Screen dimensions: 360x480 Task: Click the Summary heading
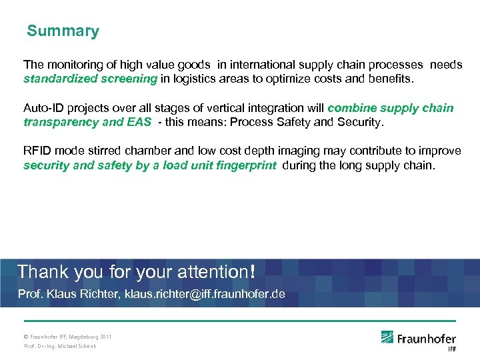pyautogui.click(x=63, y=31)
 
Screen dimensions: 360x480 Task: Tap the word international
pyautogui.click(x=259, y=65)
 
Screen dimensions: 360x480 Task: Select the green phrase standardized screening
pyautogui.click(x=90, y=79)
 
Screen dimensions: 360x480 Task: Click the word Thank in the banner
pyautogui.click(x=39, y=271)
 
